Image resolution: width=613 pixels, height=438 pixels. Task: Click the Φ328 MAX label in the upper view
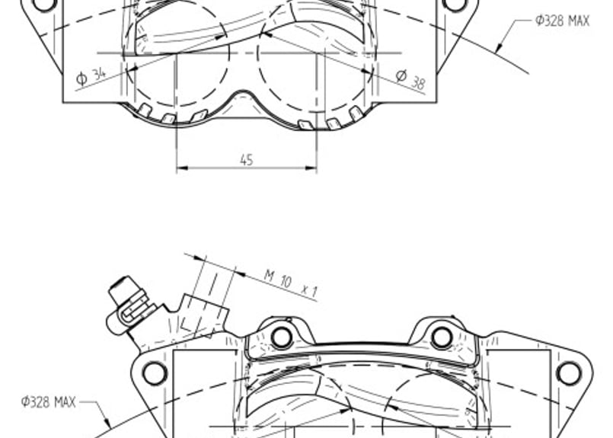[x=562, y=21]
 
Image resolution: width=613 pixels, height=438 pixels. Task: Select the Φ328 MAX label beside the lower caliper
[x=48, y=401]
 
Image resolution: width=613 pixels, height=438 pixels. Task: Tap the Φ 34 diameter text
[x=91, y=76]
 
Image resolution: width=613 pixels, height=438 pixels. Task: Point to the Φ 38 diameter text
[x=410, y=79]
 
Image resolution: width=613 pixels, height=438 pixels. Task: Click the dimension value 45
[x=247, y=160]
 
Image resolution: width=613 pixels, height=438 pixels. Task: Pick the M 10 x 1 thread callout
[x=291, y=283]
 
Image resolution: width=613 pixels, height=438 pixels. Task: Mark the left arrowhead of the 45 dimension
[x=183, y=168]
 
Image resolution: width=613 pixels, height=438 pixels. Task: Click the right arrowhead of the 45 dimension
[x=311, y=168]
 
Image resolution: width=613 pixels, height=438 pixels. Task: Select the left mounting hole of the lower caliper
[x=155, y=373]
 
